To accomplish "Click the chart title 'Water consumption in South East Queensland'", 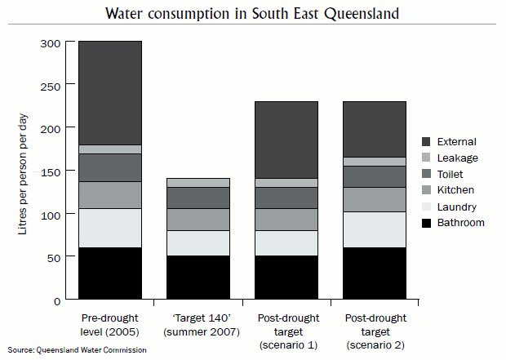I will pyautogui.click(x=252, y=14).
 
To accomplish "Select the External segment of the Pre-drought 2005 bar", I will pyautogui.click(x=110, y=92).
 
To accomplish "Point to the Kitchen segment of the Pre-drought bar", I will pyautogui.click(x=110, y=194).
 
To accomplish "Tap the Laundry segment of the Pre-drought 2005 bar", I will pyautogui.click(x=110, y=228).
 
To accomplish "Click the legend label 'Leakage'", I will pyautogui.click(x=458, y=158).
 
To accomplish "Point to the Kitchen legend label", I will pyautogui.click(x=456, y=190).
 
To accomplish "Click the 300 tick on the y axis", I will pyautogui.click(x=51, y=42).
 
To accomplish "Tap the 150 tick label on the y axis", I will pyautogui.click(x=51, y=171).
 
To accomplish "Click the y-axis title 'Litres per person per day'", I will pyautogui.click(x=24, y=171).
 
